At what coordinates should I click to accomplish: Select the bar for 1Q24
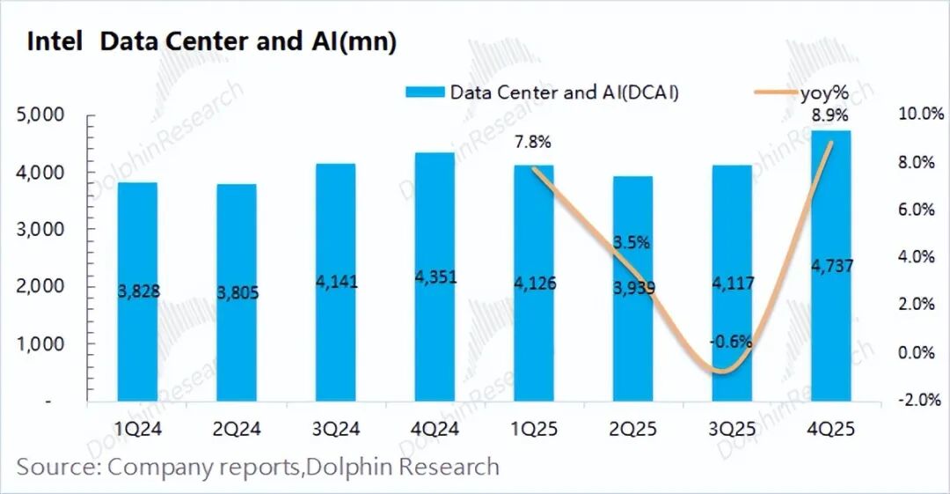pyautogui.click(x=137, y=291)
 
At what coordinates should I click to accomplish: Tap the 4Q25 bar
pyautogui.click(x=830, y=264)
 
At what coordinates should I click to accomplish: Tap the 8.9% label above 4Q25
pyautogui.click(x=829, y=114)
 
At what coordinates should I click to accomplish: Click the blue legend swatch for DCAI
pyautogui.click(x=426, y=92)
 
